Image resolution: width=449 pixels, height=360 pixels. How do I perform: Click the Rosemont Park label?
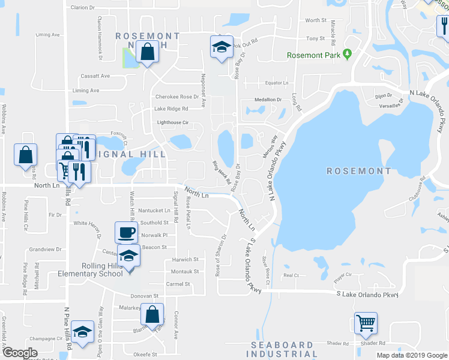pos(313,55)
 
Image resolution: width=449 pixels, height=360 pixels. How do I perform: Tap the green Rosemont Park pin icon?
pos(347,55)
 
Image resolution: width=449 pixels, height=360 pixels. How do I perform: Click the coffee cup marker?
pos(126,232)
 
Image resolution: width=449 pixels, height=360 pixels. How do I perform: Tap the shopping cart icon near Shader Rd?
pos(366,323)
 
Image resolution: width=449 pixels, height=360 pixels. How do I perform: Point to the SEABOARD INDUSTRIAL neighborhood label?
pos(282,349)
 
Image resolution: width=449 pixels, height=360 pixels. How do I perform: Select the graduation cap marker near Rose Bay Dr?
pos(221,46)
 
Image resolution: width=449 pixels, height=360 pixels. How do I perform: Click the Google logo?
pos(20,353)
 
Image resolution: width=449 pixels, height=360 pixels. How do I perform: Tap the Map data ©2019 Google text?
pos(411,355)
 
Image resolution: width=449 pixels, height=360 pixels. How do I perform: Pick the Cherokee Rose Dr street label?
pos(176,97)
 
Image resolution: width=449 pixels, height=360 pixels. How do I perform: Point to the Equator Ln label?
pos(277,83)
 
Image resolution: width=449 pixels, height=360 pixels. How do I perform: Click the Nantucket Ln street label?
pos(154,211)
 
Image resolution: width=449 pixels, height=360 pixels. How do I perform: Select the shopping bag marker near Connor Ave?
pos(154,314)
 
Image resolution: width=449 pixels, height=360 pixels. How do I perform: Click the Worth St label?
pos(316,20)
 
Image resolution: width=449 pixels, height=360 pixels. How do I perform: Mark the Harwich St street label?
pos(185,260)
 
